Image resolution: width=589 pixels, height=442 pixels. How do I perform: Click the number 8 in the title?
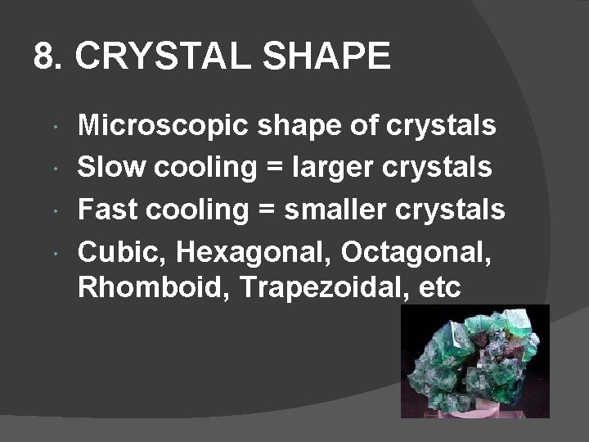click(44, 57)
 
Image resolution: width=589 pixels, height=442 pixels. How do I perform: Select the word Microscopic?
click(165, 126)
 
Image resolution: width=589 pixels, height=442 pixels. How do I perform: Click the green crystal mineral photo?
click(474, 361)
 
